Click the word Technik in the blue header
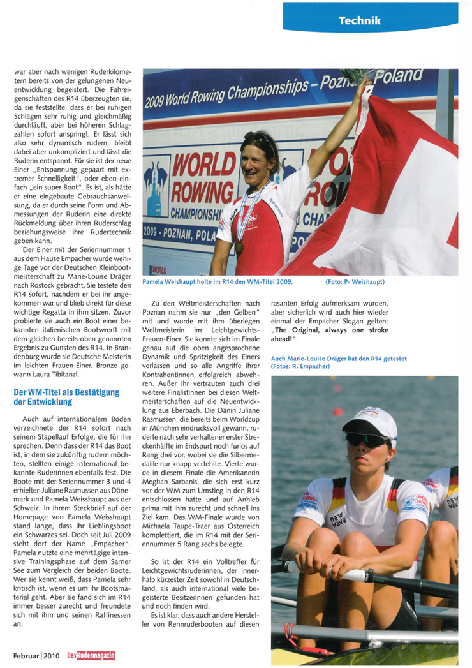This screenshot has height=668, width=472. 360,20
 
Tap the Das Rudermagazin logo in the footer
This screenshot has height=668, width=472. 91,655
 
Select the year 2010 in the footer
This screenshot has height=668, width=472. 53,655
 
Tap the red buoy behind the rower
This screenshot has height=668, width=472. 337,411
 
